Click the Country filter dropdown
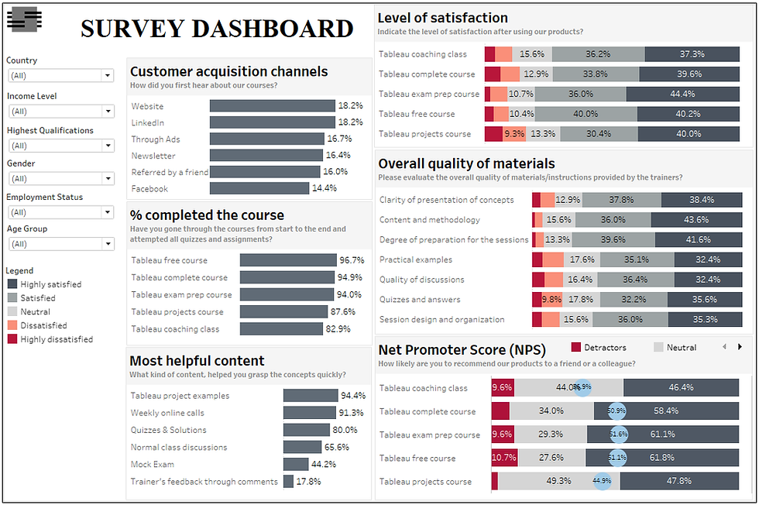[60, 75]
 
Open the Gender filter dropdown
[60, 179]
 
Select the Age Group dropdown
[60, 244]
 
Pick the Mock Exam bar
[296, 464]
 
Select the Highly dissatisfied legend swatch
[12, 339]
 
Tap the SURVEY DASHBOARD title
[217, 29]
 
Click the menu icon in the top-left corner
[23, 19]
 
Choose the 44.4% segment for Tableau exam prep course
[682, 94]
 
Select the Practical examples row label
[415, 259]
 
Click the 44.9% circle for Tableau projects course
[602, 481]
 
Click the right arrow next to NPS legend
[740, 347]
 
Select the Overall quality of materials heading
[466, 163]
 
